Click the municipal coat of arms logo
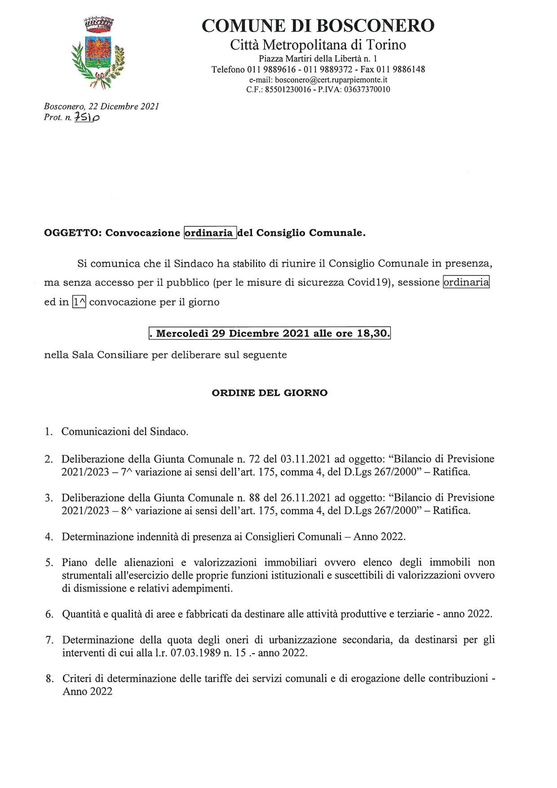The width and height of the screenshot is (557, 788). (98, 53)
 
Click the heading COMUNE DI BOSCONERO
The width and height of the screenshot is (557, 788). (318, 26)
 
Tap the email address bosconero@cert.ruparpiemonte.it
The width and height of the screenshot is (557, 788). (331, 80)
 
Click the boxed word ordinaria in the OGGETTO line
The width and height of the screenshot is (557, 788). (210, 233)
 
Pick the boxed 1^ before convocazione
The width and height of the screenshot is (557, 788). (79, 302)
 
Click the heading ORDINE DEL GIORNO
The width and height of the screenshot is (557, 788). (270, 393)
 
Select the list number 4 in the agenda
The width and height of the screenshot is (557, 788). (49, 537)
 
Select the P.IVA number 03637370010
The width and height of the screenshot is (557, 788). (367, 89)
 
